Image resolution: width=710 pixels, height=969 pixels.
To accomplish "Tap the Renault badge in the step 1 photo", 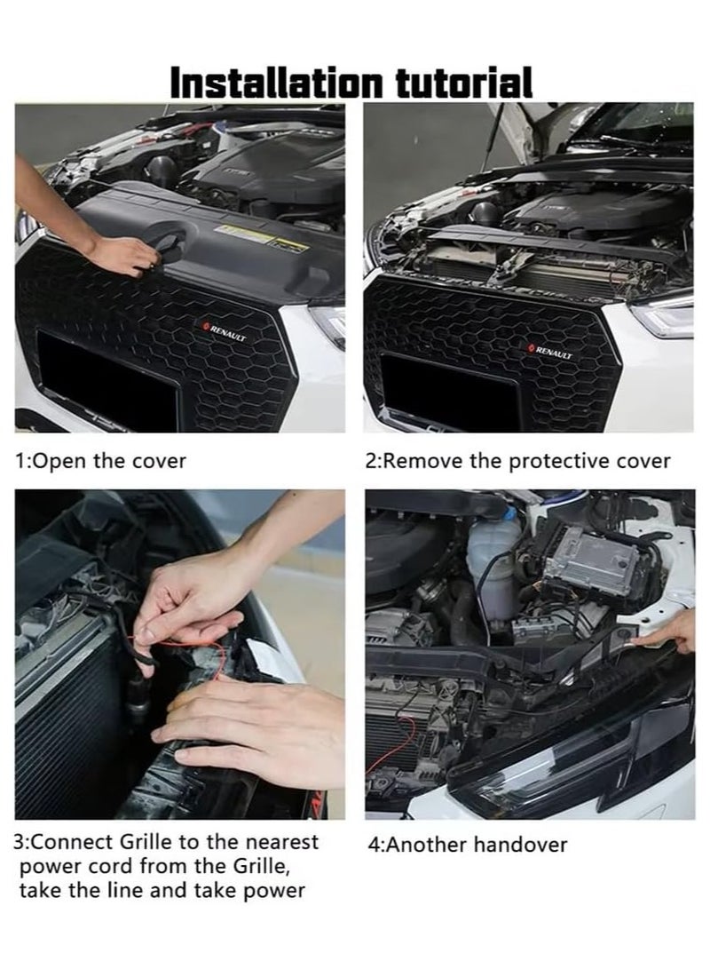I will pos(226,333).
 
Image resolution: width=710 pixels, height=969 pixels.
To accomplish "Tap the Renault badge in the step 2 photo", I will pos(551,351).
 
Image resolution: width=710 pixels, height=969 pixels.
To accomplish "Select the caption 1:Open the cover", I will pos(101,461).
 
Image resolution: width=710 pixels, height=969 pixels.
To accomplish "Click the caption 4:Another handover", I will pos(467,845).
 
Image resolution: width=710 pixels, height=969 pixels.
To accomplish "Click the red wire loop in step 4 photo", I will pos(404,736).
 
